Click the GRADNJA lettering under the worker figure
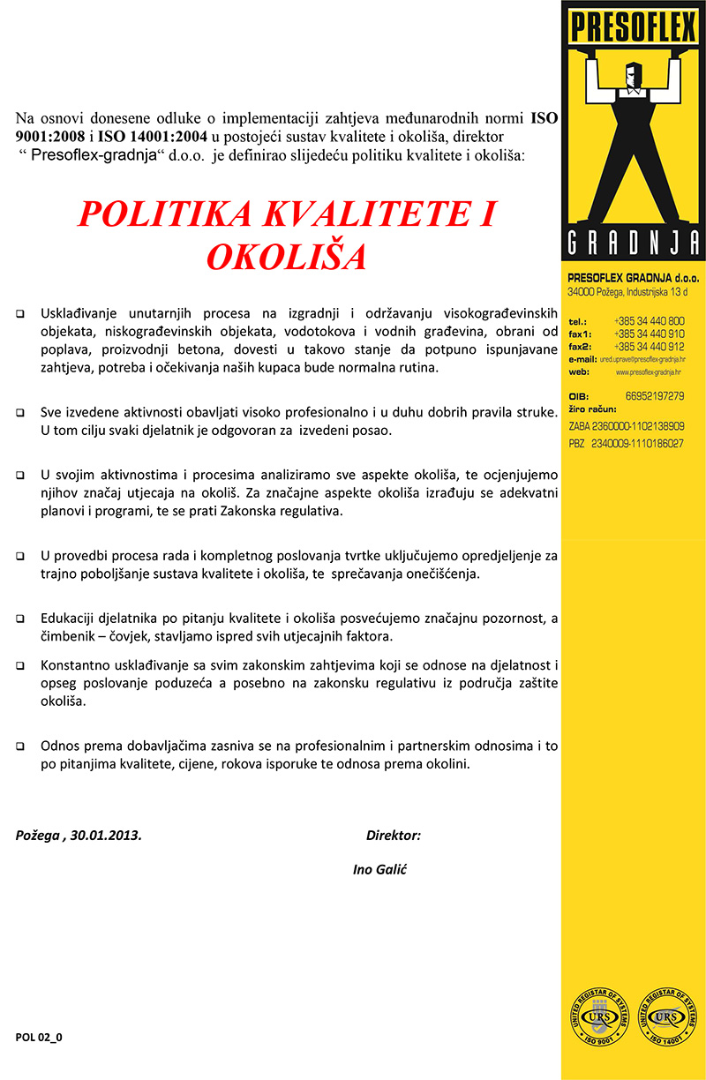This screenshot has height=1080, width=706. [633, 240]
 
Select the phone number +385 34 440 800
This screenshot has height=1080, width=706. [650, 320]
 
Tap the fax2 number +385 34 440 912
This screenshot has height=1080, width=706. [650, 347]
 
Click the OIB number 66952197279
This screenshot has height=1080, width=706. [654, 396]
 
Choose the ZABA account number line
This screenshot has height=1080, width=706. [627, 425]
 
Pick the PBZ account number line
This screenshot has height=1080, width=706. [627, 443]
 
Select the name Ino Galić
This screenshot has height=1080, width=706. [379, 869]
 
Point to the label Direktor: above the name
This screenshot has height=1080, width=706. [393, 834]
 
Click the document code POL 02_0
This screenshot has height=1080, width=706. [39, 1037]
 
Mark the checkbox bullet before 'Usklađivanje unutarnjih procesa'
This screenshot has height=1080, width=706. [20, 313]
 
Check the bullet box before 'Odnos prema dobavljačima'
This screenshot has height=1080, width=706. [20, 746]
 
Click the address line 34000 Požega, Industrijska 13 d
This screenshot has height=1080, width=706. [627, 291]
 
